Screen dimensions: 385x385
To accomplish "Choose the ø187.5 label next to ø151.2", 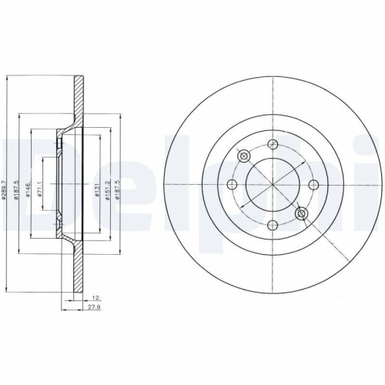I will tap(118, 186).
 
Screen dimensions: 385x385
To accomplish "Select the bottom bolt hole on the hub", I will tap(273, 225).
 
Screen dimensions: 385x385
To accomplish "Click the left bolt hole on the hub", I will tap(233, 185).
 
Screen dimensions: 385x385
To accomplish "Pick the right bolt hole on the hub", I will tap(313, 185).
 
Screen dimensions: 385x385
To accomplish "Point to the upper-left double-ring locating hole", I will tap(244, 156).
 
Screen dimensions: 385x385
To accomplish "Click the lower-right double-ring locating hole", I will tap(301, 213).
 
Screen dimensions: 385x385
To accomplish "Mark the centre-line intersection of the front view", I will tap(273, 185).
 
